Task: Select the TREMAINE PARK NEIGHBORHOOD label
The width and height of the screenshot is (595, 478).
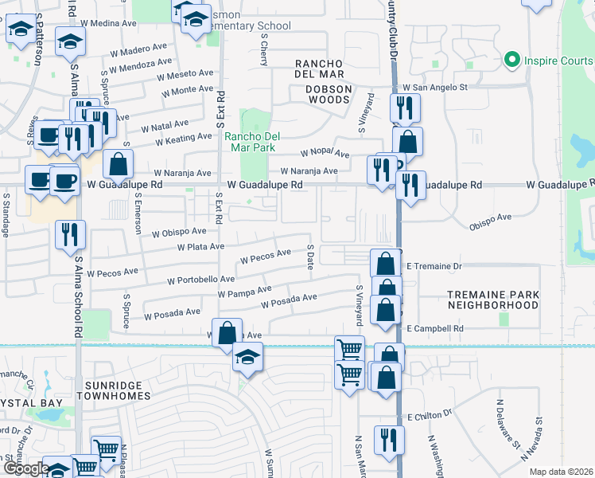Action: point(492,300)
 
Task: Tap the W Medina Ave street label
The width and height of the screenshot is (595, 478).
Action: point(108,23)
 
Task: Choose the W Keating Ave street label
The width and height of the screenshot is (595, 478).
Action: point(183,139)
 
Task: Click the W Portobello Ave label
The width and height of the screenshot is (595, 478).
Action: point(200,280)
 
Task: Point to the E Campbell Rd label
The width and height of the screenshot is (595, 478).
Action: point(434,328)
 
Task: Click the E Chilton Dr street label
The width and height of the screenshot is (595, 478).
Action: point(430,416)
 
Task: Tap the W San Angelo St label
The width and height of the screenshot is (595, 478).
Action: point(434,88)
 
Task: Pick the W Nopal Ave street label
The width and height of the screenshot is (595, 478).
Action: point(325,153)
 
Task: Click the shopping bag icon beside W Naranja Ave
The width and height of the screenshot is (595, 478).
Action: point(118,165)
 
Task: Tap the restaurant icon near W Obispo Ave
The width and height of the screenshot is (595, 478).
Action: point(70,234)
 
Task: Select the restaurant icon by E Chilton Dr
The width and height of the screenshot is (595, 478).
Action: point(389,440)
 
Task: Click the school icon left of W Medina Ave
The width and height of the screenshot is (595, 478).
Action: point(70,41)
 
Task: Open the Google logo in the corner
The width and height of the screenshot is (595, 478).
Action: point(26,469)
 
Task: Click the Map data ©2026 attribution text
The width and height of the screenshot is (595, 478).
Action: point(561,472)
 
